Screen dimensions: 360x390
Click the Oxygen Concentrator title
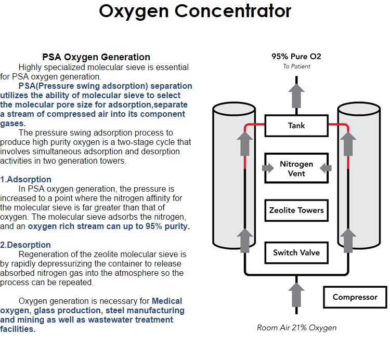195,11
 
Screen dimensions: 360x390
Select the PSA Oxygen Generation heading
96,57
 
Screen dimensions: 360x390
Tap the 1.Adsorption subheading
26,180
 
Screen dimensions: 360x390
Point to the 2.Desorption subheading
25,245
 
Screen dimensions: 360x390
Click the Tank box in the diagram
296,126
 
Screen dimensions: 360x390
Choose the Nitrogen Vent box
296,168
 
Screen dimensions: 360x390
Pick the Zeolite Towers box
296,210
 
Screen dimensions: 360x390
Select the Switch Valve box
296,253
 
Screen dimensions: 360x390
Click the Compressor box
355,297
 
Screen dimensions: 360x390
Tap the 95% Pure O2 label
296,56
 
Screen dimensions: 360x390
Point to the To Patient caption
296,66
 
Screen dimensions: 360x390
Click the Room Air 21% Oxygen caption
296,328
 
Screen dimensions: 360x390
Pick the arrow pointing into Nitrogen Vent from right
325,168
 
